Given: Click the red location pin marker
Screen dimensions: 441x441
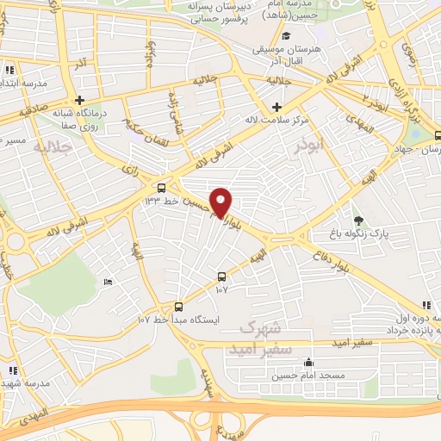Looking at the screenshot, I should tap(221, 202).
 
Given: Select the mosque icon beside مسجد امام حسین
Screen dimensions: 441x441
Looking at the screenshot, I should tap(308, 363).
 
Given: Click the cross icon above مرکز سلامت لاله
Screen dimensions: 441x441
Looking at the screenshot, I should tap(276, 108).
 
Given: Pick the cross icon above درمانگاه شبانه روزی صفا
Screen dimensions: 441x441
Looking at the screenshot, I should tap(78, 100).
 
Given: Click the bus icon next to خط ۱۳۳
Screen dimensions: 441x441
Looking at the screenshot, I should tap(162, 187).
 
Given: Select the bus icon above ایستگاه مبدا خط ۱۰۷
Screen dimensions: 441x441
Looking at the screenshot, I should tap(178, 307).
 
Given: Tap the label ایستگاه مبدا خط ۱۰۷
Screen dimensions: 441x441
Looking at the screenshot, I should tap(179, 320).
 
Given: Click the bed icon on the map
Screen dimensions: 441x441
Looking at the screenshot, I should tap(108, 283).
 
